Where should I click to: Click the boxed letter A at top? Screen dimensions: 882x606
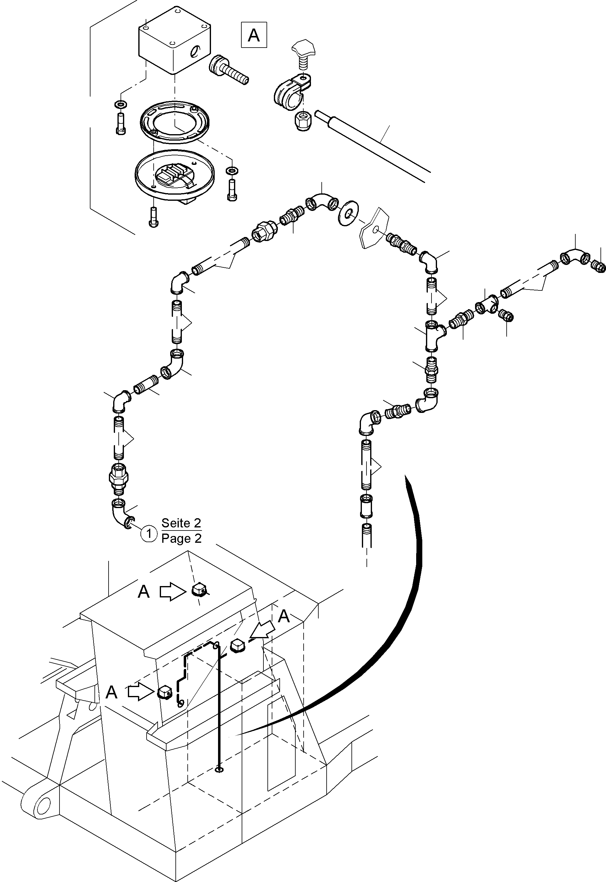254,35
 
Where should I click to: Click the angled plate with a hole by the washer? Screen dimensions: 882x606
374,230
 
